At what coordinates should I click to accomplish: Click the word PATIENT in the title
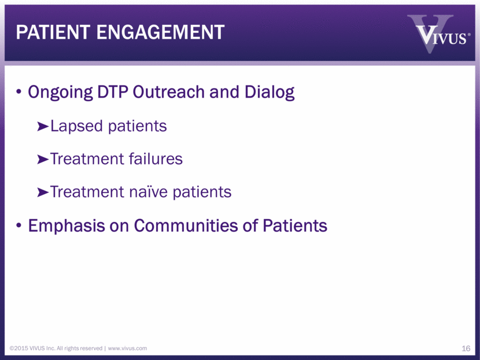coord(53,32)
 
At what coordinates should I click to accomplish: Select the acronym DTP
coord(112,92)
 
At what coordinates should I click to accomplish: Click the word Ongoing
coord(60,92)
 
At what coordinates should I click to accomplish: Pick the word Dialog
coord(269,92)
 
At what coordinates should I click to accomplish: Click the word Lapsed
coord(76,127)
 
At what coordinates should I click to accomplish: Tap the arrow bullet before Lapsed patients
coord(43,127)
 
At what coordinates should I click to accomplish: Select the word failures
coord(156,159)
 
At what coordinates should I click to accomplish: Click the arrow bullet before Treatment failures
coord(43,159)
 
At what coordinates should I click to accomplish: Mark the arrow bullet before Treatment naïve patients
coord(43,192)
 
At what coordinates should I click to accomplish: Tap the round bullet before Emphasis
coord(19,226)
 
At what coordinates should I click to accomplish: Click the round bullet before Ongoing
coord(19,92)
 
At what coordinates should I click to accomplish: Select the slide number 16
coord(466,348)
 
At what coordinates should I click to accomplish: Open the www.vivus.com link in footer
coord(127,348)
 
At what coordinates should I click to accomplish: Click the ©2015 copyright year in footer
coord(19,348)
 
